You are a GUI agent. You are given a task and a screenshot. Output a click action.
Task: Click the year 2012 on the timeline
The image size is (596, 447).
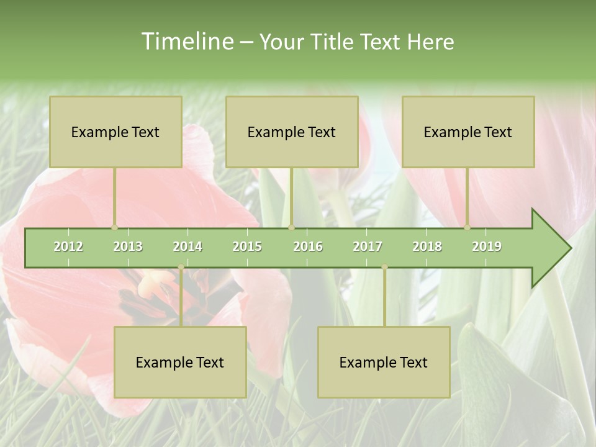click(68, 246)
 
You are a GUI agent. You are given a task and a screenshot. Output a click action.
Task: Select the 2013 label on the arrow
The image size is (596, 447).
click(128, 246)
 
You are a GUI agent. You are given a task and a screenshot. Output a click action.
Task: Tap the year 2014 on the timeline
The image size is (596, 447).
click(187, 246)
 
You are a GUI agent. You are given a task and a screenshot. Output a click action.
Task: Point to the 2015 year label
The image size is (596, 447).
click(247, 246)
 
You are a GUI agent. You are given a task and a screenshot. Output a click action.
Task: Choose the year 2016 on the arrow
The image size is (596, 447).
click(308, 246)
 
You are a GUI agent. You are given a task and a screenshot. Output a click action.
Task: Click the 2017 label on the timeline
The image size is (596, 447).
click(368, 246)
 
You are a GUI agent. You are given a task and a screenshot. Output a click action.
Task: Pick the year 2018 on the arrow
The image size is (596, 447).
click(427, 246)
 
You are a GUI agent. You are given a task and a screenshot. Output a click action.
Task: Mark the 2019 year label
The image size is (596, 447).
click(487, 246)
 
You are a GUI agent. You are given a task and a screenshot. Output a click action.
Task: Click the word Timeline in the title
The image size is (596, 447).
click(186, 42)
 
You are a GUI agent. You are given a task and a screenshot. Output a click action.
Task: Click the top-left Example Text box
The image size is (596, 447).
click(115, 132)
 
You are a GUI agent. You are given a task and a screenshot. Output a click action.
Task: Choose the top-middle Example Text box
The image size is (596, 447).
click(292, 132)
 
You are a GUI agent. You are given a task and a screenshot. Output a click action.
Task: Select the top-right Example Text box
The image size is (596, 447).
click(468, 132)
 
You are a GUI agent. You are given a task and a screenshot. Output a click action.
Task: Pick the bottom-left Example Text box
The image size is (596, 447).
click(180, 362)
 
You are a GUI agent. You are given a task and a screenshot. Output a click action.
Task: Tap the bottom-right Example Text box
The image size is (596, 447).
click(384, 362)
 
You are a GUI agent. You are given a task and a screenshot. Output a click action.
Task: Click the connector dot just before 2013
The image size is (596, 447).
click(114, 227)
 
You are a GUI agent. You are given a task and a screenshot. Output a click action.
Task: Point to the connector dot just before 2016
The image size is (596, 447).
click(291, 227)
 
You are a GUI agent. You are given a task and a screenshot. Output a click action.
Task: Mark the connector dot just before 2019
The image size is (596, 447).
click(467, 227)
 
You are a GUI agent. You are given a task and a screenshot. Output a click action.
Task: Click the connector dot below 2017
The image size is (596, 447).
click(384, 268)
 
